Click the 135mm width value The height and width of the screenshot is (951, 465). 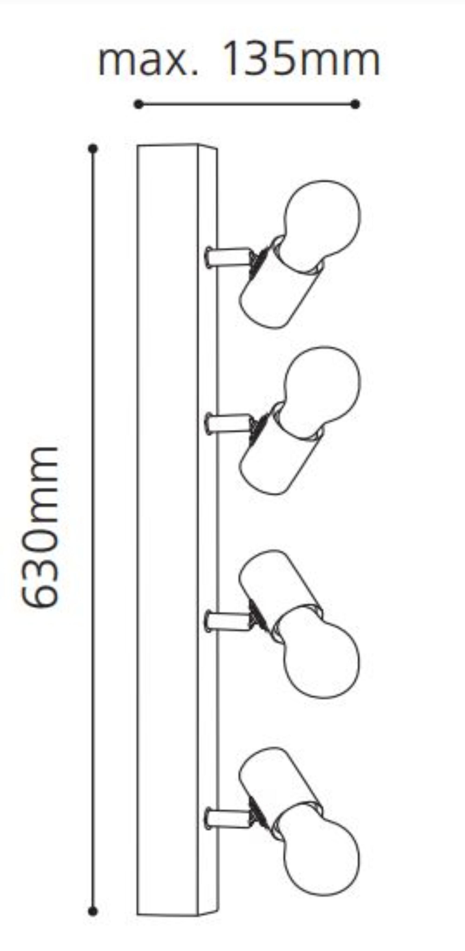(x=302, y=59)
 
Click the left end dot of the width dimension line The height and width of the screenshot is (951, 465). (x=138, y=104)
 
